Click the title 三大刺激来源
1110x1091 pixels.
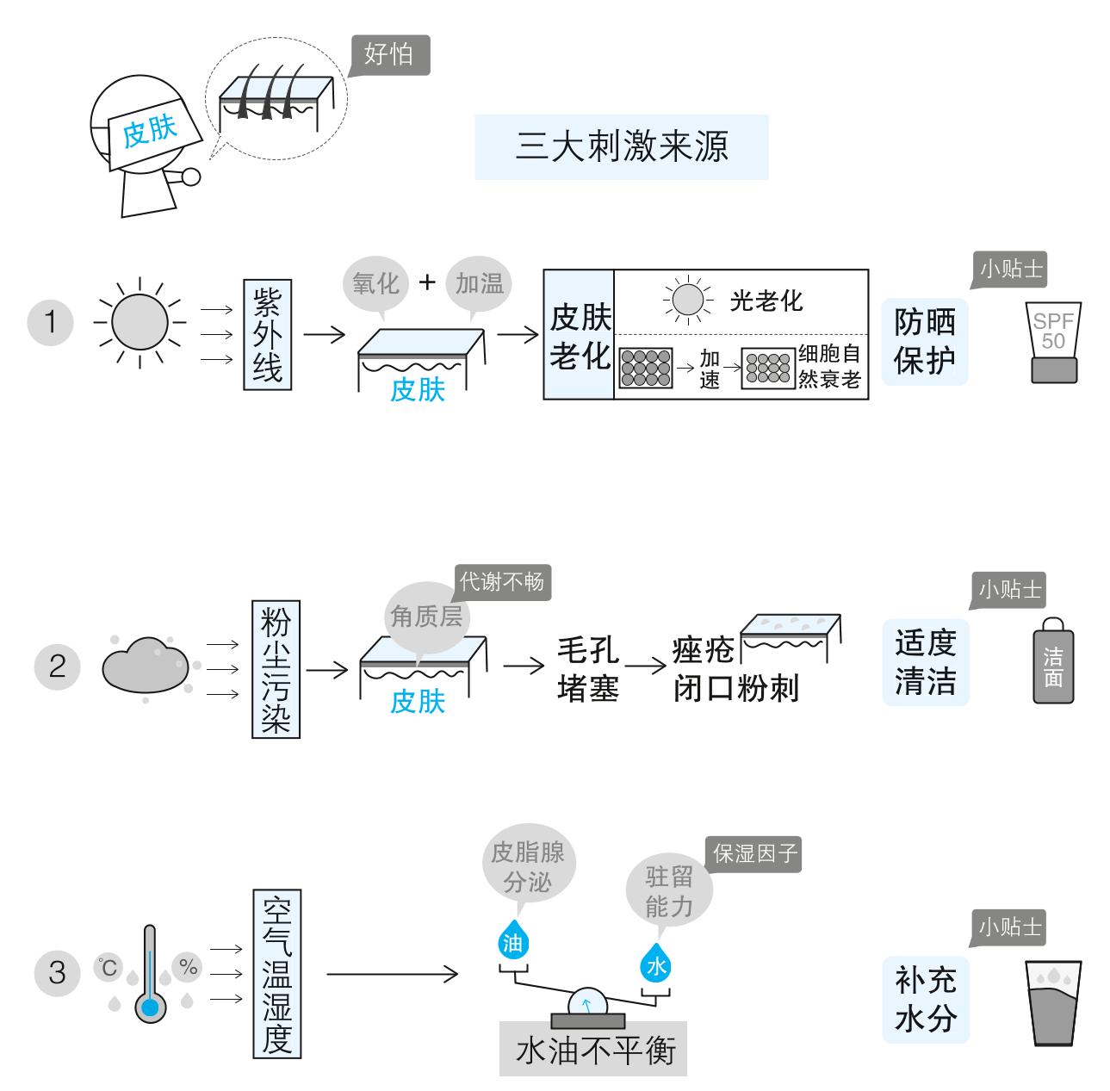click(622, 147)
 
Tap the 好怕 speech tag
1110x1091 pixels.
click(391, 55)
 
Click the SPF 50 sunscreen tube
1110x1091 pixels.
click(1053, 342)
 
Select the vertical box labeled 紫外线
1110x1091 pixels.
click(267, 335)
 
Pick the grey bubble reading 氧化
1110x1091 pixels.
click(375, 284)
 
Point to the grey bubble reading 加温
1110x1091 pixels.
click(480, 284)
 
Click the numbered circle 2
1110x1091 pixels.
click(57, 666)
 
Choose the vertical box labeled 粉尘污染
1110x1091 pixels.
click(276, 669)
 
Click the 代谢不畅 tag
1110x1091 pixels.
click(502, 582)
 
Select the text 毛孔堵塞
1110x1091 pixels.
click(588, 669)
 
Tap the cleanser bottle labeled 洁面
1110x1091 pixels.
click(1053, 661)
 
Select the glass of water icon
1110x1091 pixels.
click(1053, 1003)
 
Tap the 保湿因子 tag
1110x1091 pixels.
click(754, 854)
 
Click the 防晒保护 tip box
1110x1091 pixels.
click(925, 342)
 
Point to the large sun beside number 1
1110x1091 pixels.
click(140, 323)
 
